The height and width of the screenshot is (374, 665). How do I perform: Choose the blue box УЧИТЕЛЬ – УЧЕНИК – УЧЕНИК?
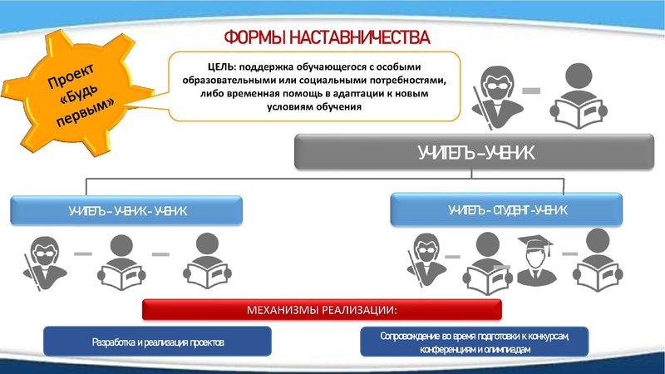pos(127,210)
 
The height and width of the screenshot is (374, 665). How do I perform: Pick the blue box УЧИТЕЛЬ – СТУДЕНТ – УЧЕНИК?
pos(507,209)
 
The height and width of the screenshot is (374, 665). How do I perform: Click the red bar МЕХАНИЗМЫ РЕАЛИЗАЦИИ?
pos(323,311)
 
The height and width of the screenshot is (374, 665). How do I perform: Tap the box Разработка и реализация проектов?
pos(158,342)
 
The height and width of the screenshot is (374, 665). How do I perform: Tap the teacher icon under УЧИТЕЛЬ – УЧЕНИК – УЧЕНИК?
pos(43,261)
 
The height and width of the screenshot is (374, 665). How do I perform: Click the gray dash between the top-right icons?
pos(532,90)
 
